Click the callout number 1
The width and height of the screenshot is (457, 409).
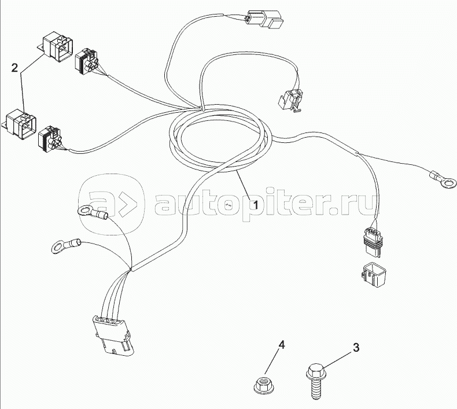(x=256, y=205)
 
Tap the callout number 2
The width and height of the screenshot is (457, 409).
(x=14, y=68)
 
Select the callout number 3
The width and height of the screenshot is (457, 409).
(x=356, y=348)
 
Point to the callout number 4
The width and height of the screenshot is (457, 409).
(x=281, y=345)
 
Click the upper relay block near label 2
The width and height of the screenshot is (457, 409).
(x=57, y=48)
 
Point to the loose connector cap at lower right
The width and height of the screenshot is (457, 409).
(x=374, y=275)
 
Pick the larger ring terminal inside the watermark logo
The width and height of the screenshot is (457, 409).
(x=93, y=212)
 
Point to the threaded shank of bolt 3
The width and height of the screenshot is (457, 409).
(x=316, y=388)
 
